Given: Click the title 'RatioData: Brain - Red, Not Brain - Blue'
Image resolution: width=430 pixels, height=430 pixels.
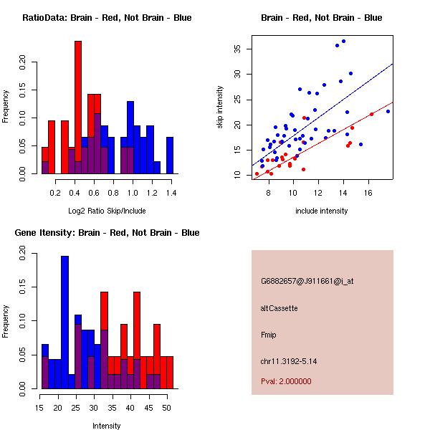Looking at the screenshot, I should pyautogui.click(x=107, y=18).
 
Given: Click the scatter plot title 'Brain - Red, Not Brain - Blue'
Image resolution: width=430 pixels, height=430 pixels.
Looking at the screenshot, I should pyautogui.click(x=321, y=18).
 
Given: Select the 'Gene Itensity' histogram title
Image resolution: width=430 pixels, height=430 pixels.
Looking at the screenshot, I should pyautogui.click(x=107, y=233).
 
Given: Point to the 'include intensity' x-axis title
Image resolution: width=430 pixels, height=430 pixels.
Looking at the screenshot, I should pyautogui.click(x=321, y=211).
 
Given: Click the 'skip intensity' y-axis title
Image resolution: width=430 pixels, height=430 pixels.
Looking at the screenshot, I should pyautogui.click(x=220, y=107).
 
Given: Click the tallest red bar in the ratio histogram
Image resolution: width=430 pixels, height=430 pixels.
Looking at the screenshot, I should pyautogui.click(x=78, y=107).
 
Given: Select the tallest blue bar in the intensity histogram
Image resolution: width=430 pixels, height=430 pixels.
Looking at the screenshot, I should pyautogui.click(x=65, y=322).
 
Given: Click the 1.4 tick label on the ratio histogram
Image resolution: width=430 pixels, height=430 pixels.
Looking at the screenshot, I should pyautogui.click(x=171, y=193).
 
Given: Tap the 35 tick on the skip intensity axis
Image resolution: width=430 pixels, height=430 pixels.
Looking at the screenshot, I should pyautogui.click(x=238, y=49).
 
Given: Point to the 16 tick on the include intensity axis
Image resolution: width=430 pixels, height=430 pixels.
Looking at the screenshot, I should pyautogui.click(x=368, y=193).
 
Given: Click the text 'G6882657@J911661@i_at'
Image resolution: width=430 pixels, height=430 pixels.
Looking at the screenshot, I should pyautogui.click(x=307, y=281).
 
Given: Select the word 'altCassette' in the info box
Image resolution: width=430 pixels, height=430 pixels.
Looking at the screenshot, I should pyautogui.click(x=279, y=308).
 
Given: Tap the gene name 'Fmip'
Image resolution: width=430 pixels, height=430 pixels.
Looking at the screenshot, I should pyautogui.click(x=269, y=335).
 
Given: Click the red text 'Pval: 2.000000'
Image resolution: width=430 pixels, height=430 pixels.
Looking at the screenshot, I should pyautogui.click(x=286, y=381).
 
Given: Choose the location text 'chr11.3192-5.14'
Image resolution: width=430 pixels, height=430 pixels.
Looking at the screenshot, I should pyautogui.click(x=289, y=360).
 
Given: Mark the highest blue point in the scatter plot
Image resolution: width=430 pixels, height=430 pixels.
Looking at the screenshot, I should pyautogui.click(x=343, y=42).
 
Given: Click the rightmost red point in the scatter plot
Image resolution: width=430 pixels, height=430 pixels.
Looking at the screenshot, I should pyautogui.click(x=371, y=114).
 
